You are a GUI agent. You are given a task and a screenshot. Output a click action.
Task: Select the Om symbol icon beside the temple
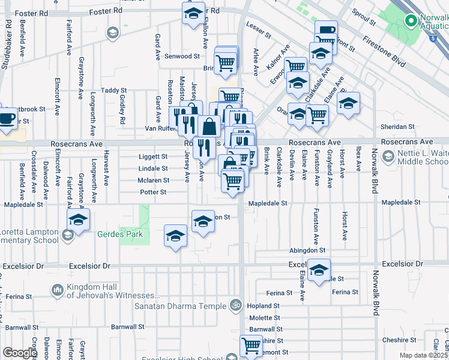(x=236, y=305)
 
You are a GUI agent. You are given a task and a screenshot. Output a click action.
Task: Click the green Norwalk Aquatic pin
(x=411, y=22)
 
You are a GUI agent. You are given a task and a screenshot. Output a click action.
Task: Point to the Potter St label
(x=153, y=192)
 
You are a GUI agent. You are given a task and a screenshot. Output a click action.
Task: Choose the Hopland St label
(x=260, y=305)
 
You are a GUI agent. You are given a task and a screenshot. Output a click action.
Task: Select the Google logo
(x=20, y=353)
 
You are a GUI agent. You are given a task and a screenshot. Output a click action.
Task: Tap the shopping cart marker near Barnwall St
(x=250, y=345)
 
